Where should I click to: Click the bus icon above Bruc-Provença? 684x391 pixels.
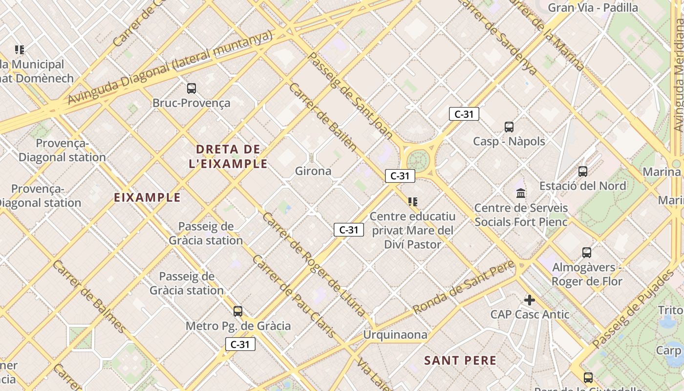click(192, 88)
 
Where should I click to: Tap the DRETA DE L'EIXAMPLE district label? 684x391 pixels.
click(228, 156)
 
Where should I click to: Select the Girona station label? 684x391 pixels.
click(313, 171)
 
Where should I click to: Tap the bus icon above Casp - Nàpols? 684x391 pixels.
click(509, 127)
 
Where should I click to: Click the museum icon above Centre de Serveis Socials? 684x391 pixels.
click(521, 194)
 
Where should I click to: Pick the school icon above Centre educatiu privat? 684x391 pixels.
click(413, 201)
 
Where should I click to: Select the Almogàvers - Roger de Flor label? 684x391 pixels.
click(587, 274)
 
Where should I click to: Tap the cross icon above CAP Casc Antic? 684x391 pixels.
click(530, 300)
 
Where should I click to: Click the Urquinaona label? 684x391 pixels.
click(395, 335)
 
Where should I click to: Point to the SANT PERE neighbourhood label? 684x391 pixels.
click(460, 361)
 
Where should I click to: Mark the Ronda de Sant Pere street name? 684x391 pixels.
click(464, 287)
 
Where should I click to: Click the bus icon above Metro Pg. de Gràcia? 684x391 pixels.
click(238, 311)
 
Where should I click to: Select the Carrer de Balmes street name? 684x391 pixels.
click(89, 296)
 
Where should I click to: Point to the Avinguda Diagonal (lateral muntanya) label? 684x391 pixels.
click(170, 67)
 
